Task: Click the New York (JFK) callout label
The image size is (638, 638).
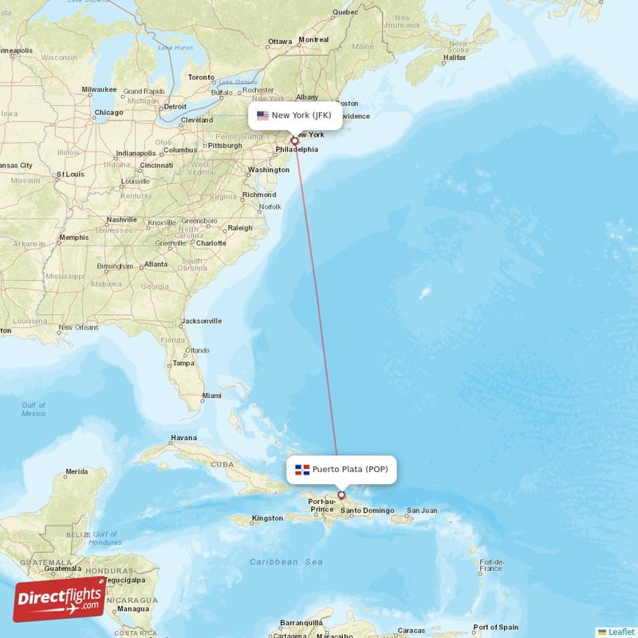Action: click(295, 116)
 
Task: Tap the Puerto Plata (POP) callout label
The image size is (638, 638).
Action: click(341, 470)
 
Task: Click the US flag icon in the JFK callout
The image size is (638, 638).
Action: click(262, 116)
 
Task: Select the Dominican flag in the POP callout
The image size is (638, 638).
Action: click(302, 470)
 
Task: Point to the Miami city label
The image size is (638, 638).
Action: click(211, 396)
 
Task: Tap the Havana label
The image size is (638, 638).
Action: click(183, 438)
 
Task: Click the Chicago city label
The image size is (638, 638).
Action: click(108, 112)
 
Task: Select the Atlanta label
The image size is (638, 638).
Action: click(156, 264)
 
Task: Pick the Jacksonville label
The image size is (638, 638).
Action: click(201, 321)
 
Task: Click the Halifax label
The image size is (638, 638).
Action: click(454, 57)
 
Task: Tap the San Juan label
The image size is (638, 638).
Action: click(422, 510)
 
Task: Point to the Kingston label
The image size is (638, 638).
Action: click(266, 518)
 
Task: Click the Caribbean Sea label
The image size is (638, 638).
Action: click(286, 562)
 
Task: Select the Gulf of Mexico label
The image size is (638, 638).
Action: click(33, 409)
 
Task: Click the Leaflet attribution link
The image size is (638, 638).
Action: click(616, 632)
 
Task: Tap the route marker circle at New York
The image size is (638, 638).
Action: click(294, 141)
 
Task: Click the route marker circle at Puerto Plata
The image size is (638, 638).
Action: click(341, 495)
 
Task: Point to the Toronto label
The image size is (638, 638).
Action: click(201, 77)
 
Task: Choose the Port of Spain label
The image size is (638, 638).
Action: click(496, 627)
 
